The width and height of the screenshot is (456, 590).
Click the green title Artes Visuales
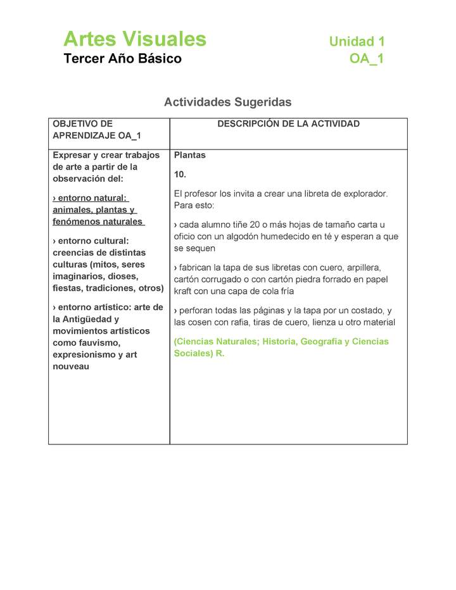tap(135, 39)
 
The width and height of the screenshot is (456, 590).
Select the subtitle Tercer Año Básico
tap(122, 59)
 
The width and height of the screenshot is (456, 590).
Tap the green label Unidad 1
tap(357, 42)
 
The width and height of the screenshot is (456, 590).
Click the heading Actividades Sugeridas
tap(227, 102)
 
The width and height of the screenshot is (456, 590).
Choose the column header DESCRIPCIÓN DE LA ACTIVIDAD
tap(288, 124)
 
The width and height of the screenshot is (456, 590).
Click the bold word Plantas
tap(190, 155)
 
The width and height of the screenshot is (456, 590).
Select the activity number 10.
tap(180, 174)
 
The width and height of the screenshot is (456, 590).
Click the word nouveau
tap(71, 367)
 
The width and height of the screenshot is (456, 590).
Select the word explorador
tap(360, 194)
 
